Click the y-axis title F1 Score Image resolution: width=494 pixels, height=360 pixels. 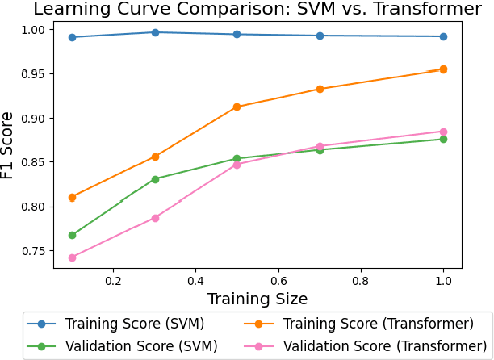pos(9,144)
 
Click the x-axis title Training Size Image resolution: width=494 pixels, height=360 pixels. pos(257,299)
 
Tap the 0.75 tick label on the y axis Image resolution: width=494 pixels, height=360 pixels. pos(35,251)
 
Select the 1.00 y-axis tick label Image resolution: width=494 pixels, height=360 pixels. pos(35,29)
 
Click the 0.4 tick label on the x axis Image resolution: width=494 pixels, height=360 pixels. pos(195,281)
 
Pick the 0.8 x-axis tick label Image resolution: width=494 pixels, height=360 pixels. pos(360,281)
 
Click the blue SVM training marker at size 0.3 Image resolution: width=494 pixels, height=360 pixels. pos(155,32)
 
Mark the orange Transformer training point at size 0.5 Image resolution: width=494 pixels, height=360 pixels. pos(237,107)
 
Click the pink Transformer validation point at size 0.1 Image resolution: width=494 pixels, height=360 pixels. pos(72,257)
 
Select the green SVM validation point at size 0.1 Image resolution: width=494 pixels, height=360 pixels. pos(72,235)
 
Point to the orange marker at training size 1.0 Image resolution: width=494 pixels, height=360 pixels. pos(443,69)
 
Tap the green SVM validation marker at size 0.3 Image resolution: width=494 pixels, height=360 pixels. pos(155,179)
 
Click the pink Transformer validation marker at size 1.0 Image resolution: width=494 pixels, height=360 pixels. pos(443,132)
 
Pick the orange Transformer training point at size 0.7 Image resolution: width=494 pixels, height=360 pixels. pos(320,89)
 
